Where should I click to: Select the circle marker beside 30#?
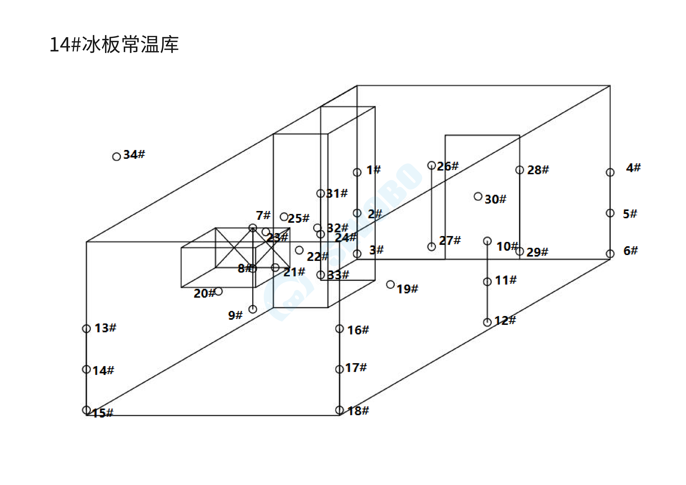coord(478,196)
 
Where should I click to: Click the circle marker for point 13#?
coord(86,329)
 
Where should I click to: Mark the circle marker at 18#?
coord(339,410)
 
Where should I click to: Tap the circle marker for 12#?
coord(487,322)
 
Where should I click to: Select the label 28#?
coord(538,170)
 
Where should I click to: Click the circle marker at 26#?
coord(431,165)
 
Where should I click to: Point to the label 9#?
coord(235,315)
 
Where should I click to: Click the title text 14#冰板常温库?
coord(114,45)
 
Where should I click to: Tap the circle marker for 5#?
coord(610,213)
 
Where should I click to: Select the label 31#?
coord(337,194)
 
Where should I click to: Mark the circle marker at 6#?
coord(610,254)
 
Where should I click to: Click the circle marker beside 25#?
coord(284,217)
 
